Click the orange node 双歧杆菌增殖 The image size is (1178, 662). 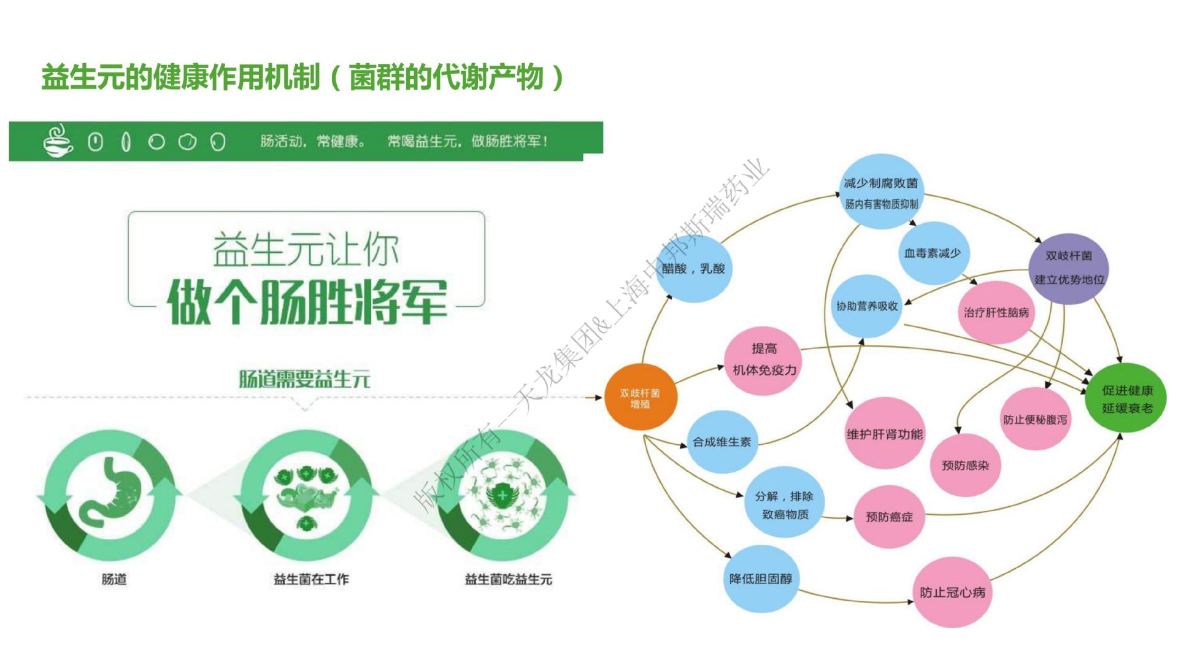pos(640,398)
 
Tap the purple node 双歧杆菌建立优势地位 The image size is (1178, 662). pos(1068,268)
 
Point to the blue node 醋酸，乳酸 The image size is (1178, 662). pos(694,269)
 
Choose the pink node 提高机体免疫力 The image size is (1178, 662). pos(764,360)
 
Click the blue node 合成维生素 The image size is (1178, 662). pos(722,442)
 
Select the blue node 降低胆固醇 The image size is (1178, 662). pos(761,579)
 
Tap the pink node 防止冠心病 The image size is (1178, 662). pos(952,592)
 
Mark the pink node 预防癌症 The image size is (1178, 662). pos(889,517)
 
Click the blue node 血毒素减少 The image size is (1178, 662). pos(933,253)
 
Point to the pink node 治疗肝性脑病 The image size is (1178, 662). pos(996,312)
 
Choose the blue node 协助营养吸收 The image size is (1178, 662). pos(866,306)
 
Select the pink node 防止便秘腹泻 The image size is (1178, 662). pos(1035,420)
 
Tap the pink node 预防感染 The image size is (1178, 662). pos(965,465)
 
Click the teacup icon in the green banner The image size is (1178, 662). pos(58,141)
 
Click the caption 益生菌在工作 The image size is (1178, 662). pos(311,579)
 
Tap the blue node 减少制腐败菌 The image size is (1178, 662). pos(880,191)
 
